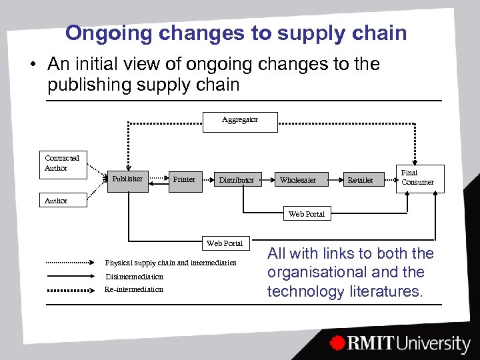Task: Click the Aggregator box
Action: [239, 121]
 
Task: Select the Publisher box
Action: [127, 179]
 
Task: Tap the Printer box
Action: [184, 179]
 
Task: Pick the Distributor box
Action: [236, 179]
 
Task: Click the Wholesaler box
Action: [298, 179]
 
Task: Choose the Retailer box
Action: [361, 179]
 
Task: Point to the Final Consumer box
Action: [418, 178]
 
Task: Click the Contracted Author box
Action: [63, 163]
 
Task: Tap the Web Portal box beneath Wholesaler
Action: [306, 214]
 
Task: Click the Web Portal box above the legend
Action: [225, 243]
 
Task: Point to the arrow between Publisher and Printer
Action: [157, 179]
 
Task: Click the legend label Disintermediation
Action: [134, 277]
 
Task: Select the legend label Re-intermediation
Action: [134, 289]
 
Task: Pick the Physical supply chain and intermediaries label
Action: [171, 263]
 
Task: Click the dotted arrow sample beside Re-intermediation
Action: [71, 289]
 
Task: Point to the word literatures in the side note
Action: [387, 291]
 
